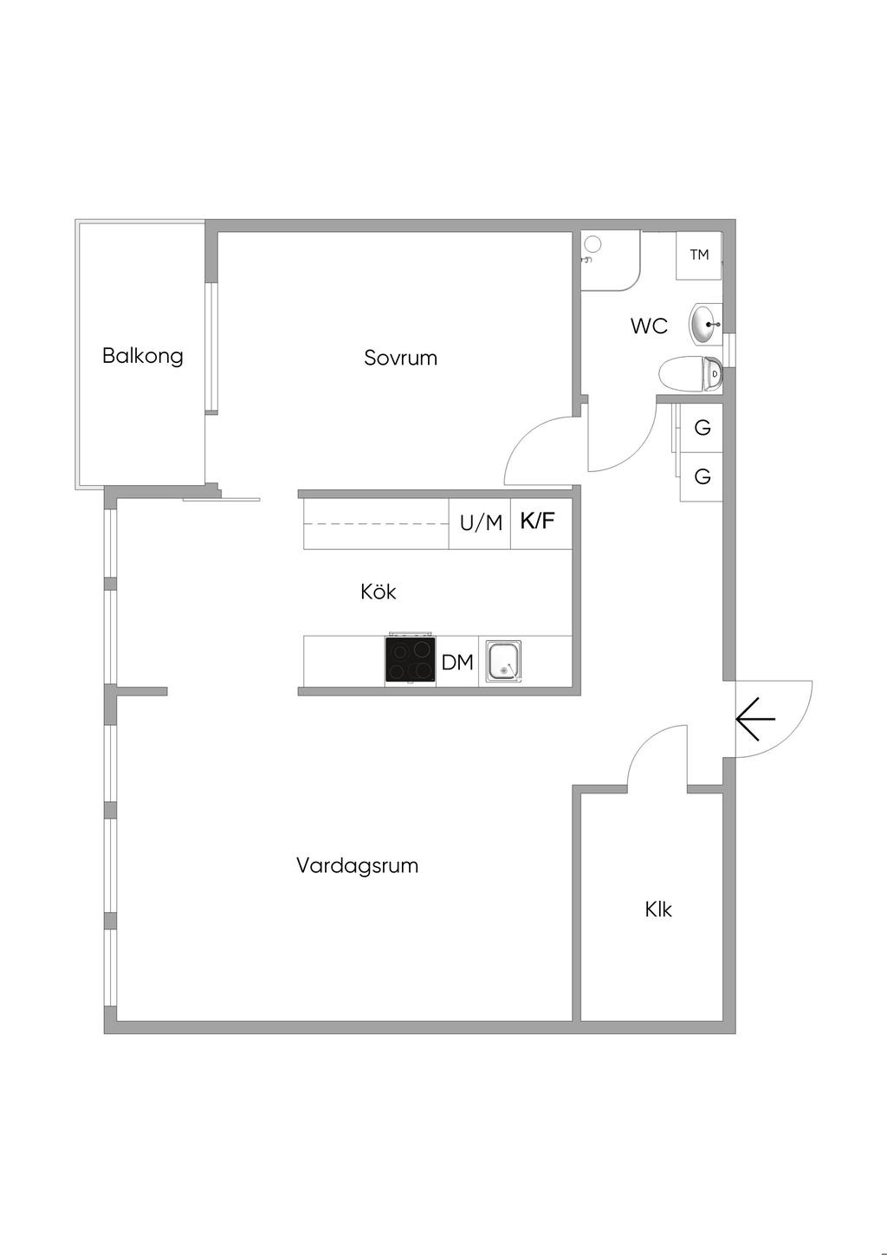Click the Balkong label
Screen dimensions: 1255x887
143,355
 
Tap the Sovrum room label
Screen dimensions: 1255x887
400,358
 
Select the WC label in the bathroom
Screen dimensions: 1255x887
649,327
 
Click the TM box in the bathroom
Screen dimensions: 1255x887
699,255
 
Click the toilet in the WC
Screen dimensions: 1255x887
690,375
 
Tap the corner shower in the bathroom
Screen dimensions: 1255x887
609,260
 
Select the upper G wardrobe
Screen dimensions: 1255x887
702,427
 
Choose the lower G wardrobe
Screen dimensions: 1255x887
702,475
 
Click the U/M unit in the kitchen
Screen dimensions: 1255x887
481,523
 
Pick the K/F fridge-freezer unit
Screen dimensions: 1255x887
538,521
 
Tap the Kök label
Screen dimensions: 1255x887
379,592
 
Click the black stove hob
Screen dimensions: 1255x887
411,662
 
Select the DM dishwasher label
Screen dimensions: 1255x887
457,663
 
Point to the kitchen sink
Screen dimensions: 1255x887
503,661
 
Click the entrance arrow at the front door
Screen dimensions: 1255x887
755,719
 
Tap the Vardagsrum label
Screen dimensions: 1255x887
357,865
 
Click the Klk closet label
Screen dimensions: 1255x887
658,909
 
